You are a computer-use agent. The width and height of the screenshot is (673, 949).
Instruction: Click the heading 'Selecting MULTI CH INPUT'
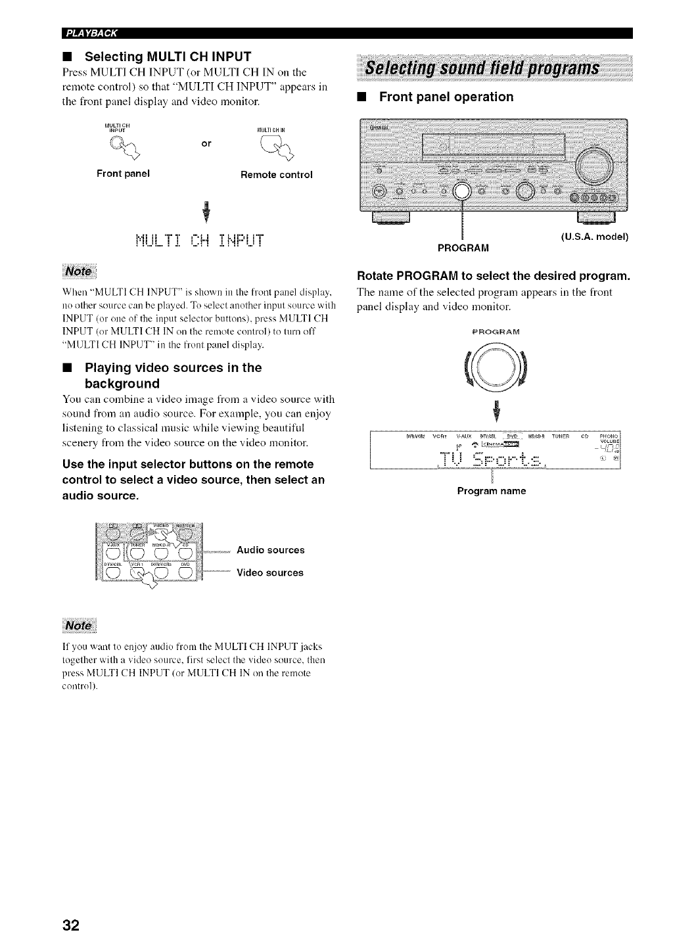coord(168,57)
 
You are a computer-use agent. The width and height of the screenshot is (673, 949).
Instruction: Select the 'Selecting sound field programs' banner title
coord(482,69)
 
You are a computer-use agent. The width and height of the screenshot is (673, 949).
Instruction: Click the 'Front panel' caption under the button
coord(123,174)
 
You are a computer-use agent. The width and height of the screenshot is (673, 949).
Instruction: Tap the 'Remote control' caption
coord(277,175)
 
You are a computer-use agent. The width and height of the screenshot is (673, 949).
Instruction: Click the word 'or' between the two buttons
coord(206,143)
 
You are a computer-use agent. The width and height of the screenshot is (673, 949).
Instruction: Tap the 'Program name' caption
coord(492,491)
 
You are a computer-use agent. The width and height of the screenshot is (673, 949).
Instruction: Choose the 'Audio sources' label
coord(270,550)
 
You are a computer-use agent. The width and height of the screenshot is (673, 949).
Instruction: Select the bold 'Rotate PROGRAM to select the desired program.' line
coord(493,275)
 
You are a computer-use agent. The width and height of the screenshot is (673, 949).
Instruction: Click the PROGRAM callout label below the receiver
coord(463,247)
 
